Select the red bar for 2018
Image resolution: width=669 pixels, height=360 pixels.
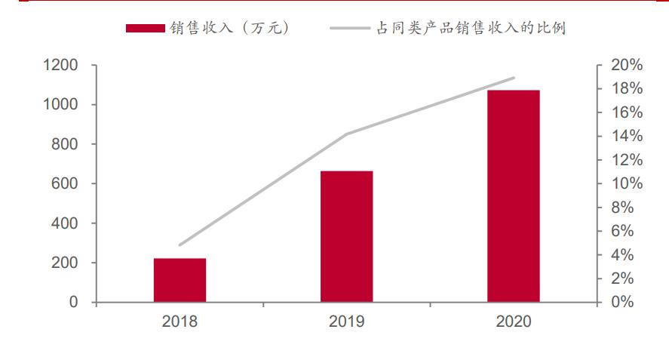180,280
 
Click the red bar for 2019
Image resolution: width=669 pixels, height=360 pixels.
346,236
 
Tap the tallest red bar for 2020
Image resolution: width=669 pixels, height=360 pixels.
513,196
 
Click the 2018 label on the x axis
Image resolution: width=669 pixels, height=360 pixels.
180,322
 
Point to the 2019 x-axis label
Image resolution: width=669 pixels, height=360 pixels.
346,322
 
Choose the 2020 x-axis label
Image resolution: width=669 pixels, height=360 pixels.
514,322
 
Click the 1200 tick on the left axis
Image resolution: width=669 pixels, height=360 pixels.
60,66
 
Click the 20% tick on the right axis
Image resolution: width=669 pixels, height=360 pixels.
626,65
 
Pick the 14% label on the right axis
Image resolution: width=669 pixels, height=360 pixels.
626,137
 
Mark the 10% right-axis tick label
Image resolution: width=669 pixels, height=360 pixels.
626,184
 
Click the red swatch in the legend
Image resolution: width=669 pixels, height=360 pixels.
145,29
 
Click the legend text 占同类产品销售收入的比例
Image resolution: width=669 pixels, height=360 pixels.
471,29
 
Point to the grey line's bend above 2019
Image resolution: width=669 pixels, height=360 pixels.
346,134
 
